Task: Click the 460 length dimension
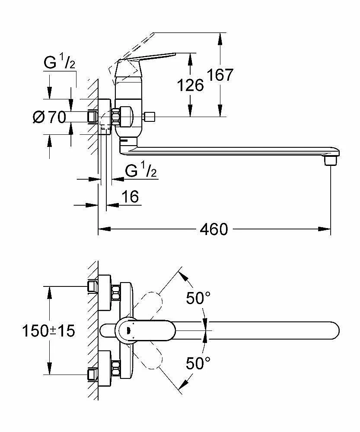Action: tap(213, 229)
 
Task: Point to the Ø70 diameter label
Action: tap(48, 117)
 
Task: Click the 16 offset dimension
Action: tap(130, 197)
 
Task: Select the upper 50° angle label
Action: tap(198, 298)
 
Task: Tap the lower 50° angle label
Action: tap(198, 363)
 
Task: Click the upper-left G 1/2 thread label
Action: tap(60, 64)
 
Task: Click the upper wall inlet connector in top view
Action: tap(92, 286)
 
